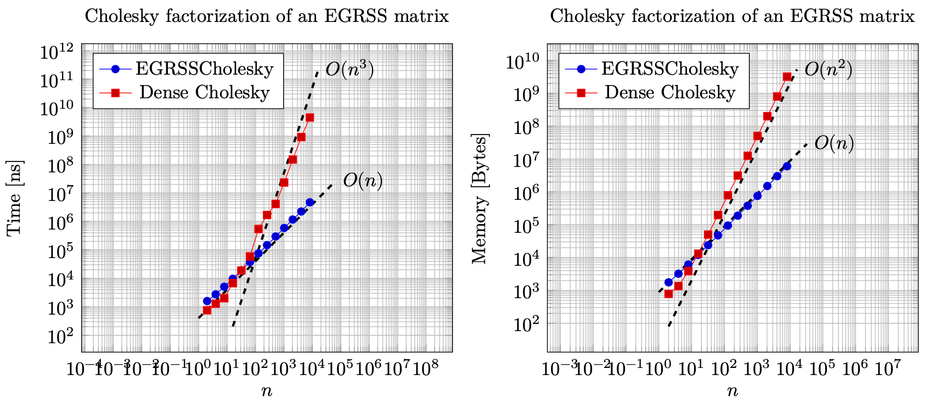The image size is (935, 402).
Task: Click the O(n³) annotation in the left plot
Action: (350, 70)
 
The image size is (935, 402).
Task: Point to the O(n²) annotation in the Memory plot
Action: (828, 70)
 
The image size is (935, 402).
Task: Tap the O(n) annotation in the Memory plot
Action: (834, 143)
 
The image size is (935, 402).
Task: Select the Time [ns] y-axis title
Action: (15, 198)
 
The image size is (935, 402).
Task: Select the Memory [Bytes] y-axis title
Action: (480, 198)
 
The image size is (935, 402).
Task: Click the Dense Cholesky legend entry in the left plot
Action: (204, 92)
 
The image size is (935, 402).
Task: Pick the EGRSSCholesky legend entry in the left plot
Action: (204, 69)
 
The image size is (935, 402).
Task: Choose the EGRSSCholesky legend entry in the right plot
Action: (670, 69)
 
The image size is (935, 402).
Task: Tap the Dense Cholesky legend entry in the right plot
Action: (670, 92)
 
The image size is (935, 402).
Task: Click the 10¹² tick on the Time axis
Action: (57, 53)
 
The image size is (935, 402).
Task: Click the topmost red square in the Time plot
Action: (310, 118)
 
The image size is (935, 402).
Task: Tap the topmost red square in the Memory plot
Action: (787, 77)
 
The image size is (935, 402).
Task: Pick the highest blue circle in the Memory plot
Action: (787, 166)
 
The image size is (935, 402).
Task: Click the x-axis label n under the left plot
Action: (267, 391)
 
